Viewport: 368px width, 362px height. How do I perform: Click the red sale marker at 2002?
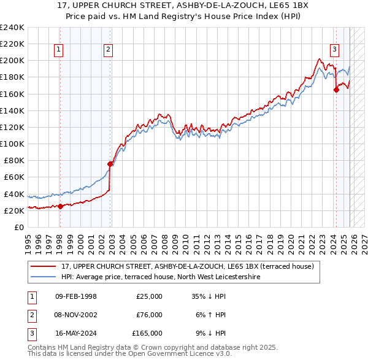110,164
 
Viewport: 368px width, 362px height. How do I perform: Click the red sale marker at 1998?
60,206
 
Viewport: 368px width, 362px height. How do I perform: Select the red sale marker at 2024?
336,90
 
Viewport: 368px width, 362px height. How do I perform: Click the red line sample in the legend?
44,266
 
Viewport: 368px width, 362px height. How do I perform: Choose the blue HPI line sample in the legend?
44,277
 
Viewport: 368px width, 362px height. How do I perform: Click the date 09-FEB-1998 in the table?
75,296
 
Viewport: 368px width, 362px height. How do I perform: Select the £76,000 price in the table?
149,315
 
